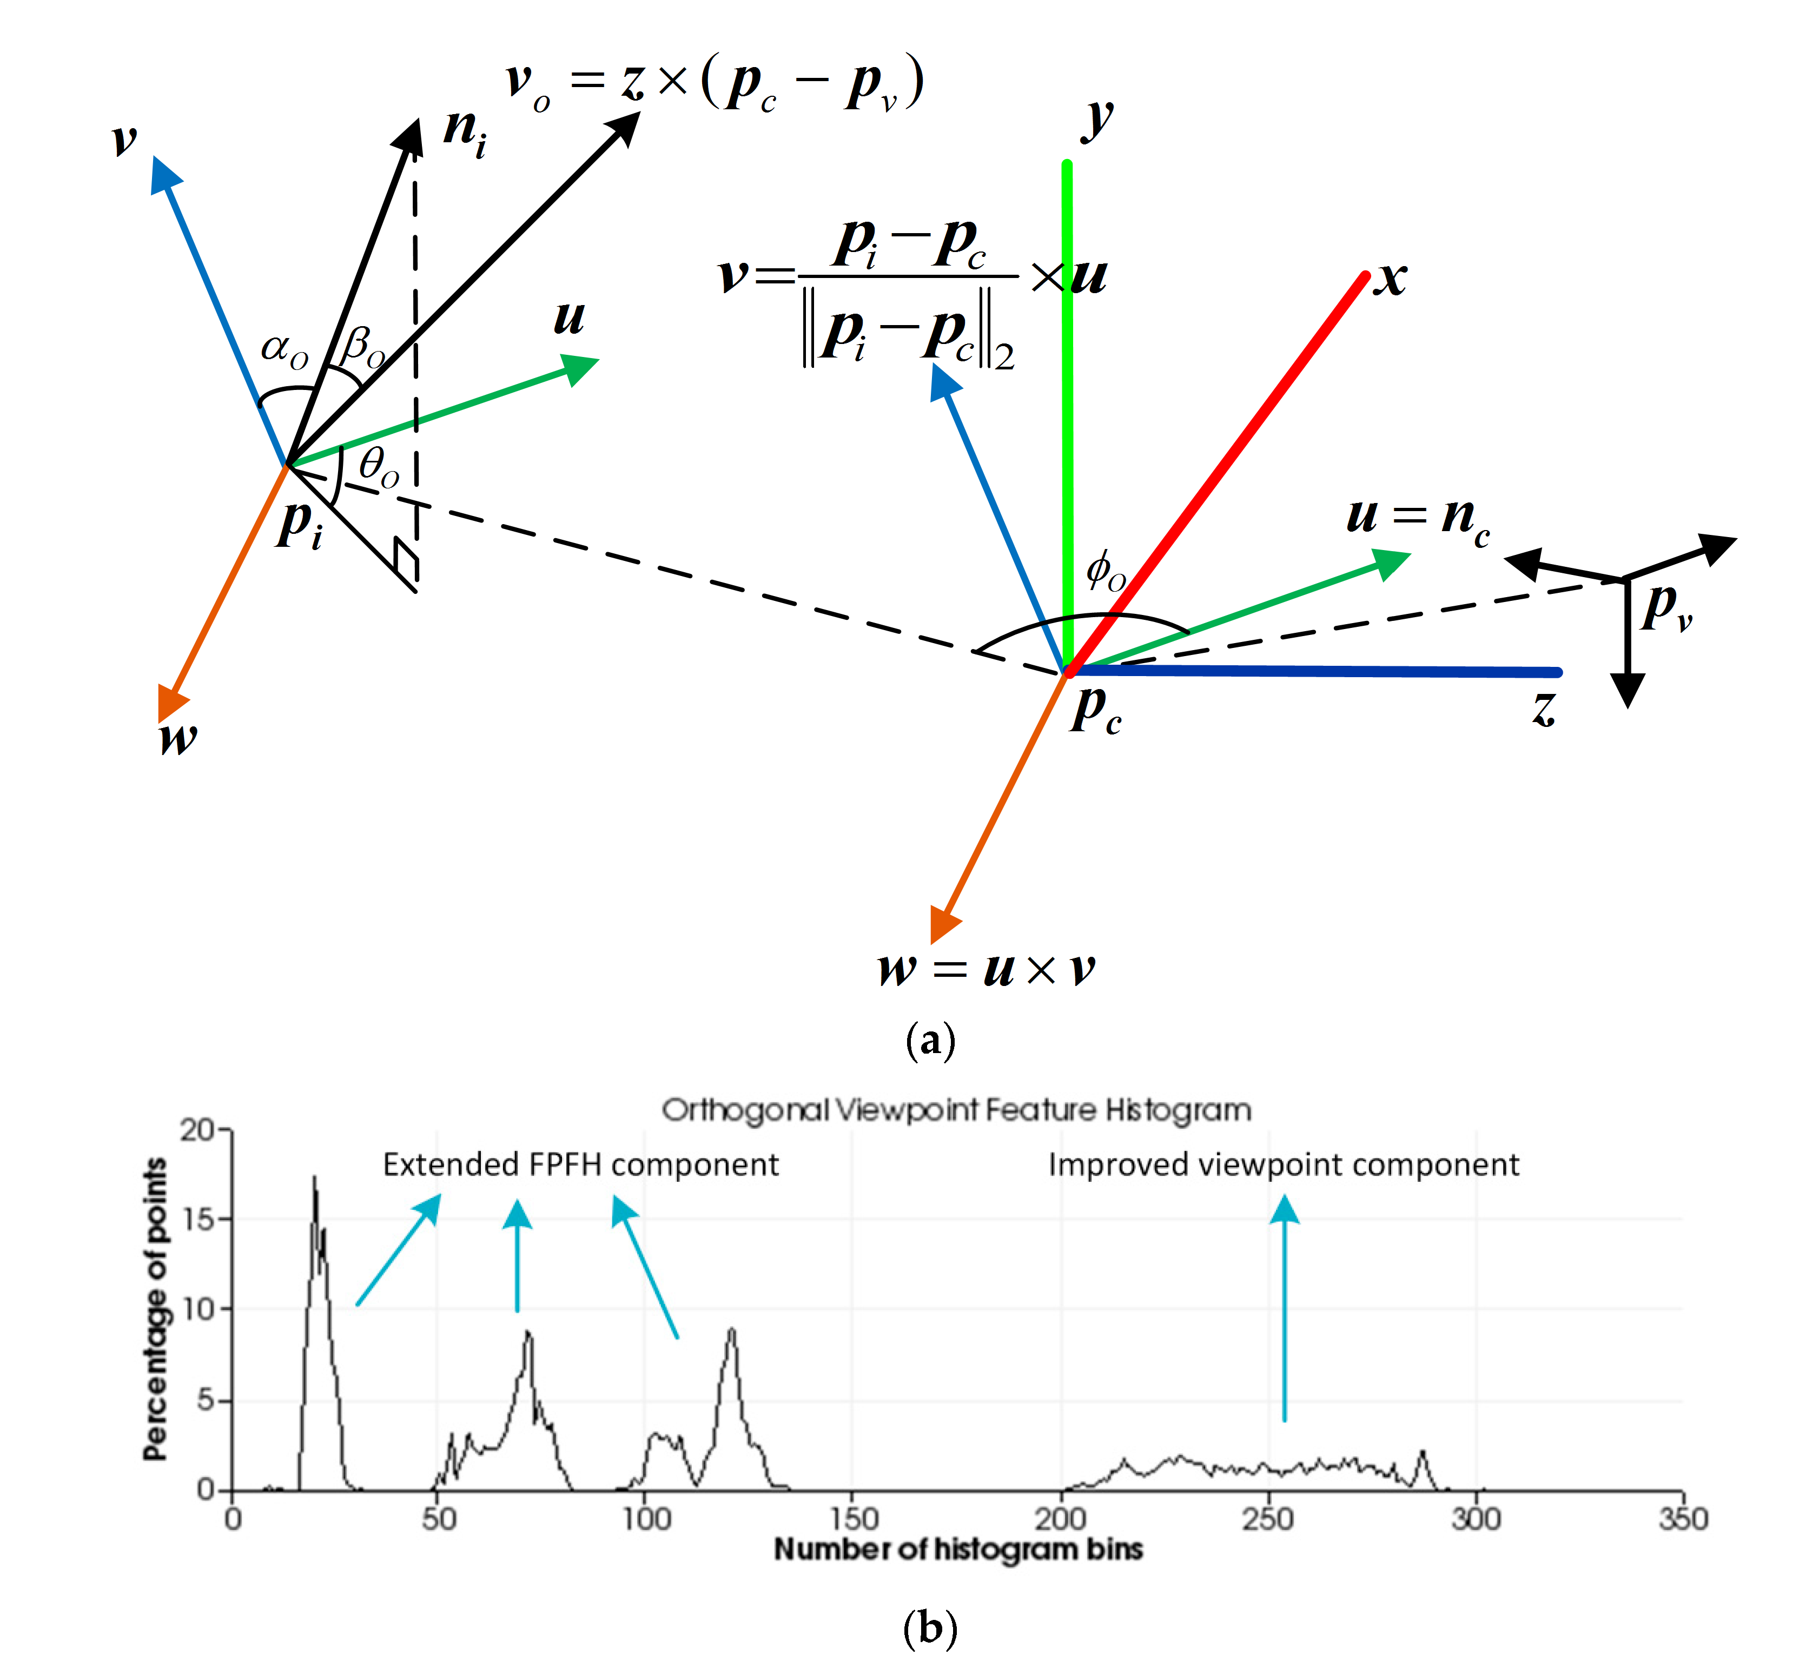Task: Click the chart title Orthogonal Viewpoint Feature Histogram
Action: tap(956, 1111)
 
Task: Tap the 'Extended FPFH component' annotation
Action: tap(580, 1165)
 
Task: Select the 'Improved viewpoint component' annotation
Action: tap(1284, 1165)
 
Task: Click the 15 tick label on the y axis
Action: tap(198, 1220)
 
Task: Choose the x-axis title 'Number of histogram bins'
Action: tap(958, 1550)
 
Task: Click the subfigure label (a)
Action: tap(930, 1041)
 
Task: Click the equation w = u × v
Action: tap(987, 969)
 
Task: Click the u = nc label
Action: tap(1418, 517)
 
